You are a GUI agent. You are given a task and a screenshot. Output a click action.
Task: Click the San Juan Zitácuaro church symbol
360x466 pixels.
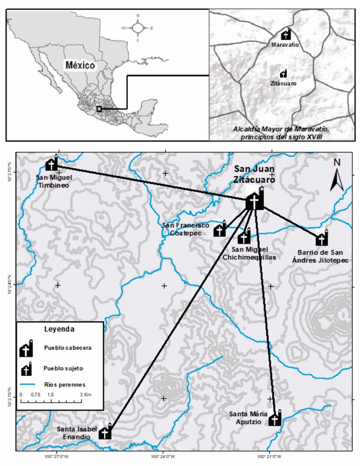coord(254,200)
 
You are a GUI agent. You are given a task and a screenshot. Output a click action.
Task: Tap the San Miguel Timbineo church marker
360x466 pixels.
coord(52,164)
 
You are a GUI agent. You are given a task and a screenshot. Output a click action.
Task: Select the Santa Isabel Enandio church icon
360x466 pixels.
coord(105,433)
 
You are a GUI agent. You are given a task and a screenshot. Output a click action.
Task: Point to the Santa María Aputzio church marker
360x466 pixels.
coord(275,419)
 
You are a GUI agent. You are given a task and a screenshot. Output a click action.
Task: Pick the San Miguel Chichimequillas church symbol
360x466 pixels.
coord(243,238)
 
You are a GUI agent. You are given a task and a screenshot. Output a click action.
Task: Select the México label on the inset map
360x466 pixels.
coord(81,65)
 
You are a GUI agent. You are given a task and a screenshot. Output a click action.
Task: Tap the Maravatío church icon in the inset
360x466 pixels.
coord(286,34)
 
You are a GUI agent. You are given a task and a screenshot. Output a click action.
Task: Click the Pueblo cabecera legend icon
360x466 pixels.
coord(27,349)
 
